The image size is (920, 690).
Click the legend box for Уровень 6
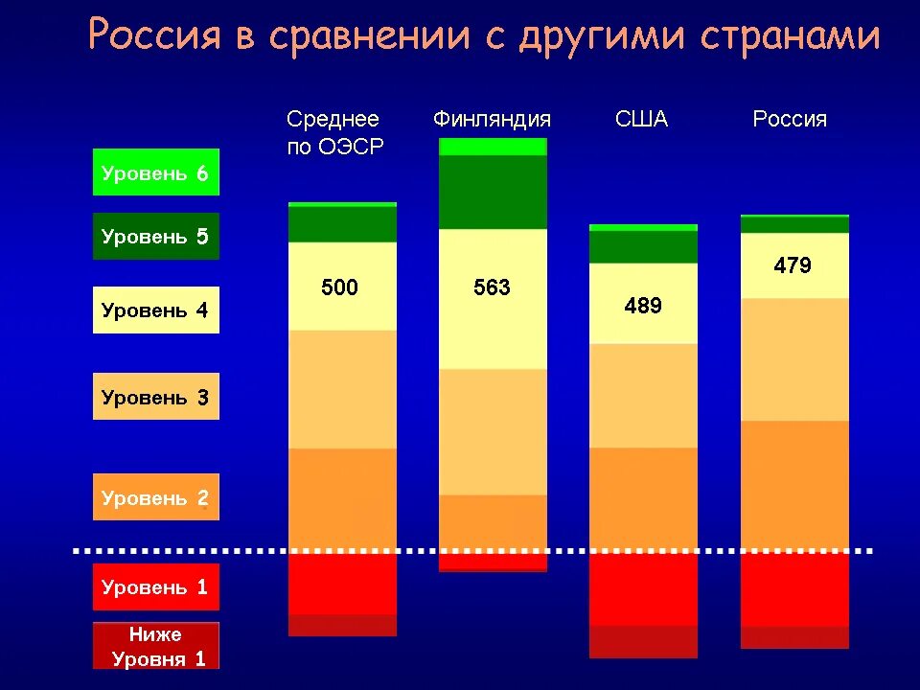156,172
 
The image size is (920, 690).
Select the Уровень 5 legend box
156,236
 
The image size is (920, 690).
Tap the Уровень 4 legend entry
156,310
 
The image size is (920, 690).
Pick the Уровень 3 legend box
156,396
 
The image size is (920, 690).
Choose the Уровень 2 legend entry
156,496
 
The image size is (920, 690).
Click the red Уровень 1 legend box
156,586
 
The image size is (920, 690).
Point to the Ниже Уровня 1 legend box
156,645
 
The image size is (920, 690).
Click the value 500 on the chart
339,287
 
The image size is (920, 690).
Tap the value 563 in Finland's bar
492,287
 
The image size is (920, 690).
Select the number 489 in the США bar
643,306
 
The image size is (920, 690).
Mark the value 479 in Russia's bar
793,265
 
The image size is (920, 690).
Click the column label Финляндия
492,120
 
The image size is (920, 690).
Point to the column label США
641,120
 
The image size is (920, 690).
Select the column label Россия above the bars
790,120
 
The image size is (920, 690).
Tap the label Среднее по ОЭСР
334,133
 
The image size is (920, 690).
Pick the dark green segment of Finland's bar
493,192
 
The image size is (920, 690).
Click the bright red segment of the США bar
643,589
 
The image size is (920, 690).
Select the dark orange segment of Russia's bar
794,486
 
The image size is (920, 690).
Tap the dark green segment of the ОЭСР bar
342,224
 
